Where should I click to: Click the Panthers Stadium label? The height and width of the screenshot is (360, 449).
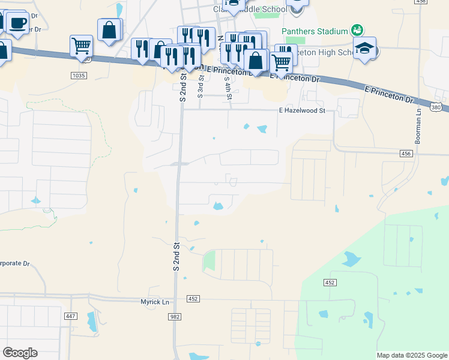pyautogui.click(x=315, y=31)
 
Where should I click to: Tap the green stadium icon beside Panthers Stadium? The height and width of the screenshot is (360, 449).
pyautogui.click(x=357, y=29)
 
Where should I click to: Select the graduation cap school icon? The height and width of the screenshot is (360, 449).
pyautogui.click(x=364, y=49)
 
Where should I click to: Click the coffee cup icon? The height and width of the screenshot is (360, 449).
pyautogui.click(x=17, y=23)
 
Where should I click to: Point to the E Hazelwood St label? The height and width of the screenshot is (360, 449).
pyautogui.click(x=302, y=110)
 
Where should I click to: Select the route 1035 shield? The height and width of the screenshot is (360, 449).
pyautogui.click(x=79, y=76)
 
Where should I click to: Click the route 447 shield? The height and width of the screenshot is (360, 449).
pyautogui.click(x=71, y=316)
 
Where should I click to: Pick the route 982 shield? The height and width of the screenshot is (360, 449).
pyautogui.click(x=174, y=316)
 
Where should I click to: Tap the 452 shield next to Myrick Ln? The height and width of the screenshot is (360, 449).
pyautogui.click(x=193, y=298)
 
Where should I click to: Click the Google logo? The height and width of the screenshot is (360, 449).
pyautogui.click(x=20, y=353)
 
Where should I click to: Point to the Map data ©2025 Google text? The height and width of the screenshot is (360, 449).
pyautogui.click(x=411, y=355)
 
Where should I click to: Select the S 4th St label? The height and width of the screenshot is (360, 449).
pyautogui.click(x=229, y=88)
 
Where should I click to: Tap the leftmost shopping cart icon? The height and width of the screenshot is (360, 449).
pyautogui.click(x=80, y=45)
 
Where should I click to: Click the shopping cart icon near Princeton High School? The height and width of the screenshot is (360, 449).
pyautogui.click(x=280, y=61)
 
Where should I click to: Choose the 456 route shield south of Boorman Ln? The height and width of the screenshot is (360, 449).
pyautogui.click(x=407, y=154)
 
